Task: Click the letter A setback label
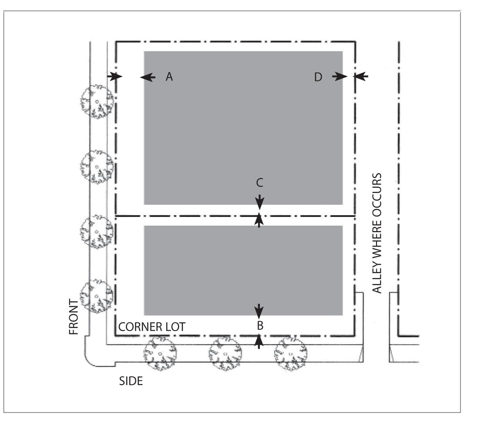pos(169,77)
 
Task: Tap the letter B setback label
pos(259,325)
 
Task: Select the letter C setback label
pos(259,183)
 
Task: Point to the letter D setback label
pos(319,77)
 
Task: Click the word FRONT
pos(74,317)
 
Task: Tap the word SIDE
pos(131,381)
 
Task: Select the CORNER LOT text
pos(151,327)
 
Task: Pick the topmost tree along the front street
pos(97,102)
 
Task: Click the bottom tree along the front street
pos(97,296)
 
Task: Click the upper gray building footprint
pos(243,128)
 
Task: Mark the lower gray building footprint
pos(243,270)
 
